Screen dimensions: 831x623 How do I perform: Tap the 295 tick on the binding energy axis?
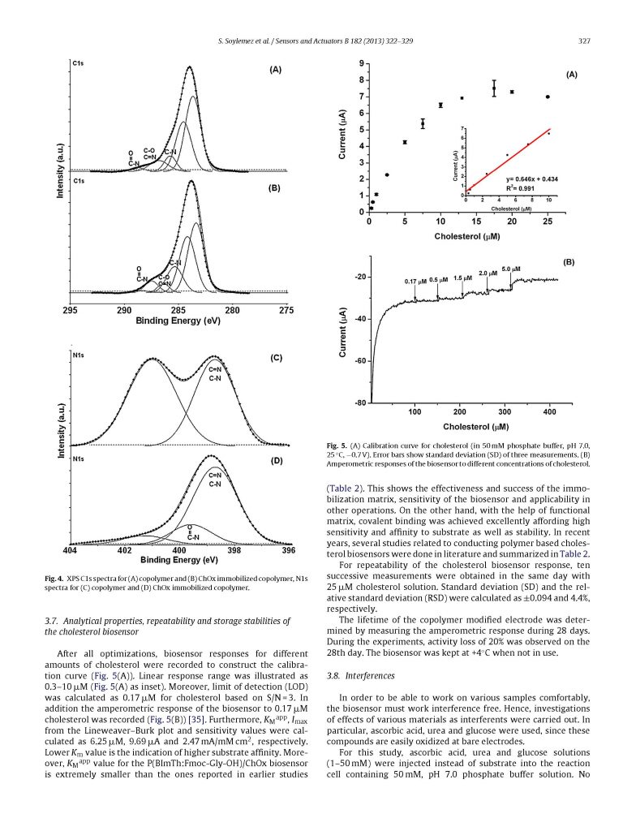tap(71, 310)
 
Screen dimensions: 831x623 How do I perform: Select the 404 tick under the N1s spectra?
tap(70, 552)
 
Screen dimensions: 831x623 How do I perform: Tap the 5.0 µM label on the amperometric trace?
tap(511, 269)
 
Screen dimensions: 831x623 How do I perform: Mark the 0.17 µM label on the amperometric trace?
tap(415, 282)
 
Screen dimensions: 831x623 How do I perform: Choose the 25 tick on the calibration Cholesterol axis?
tap(548, 222)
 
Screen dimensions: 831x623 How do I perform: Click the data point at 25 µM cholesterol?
tap(548, 97)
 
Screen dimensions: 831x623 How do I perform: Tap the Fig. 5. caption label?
tap(337, 446)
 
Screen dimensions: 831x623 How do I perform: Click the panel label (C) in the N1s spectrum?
tap(275, 357)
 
